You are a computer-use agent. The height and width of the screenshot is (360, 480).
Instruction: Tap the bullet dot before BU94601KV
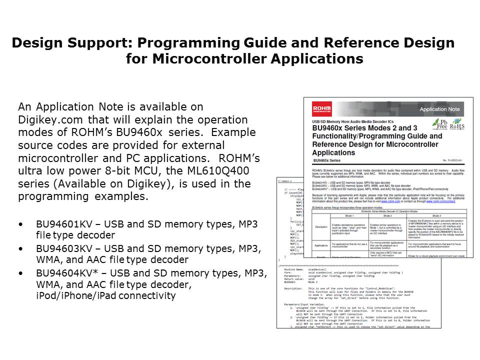click(20, 224)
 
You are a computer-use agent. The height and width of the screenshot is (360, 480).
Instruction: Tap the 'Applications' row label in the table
click(321, 245)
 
